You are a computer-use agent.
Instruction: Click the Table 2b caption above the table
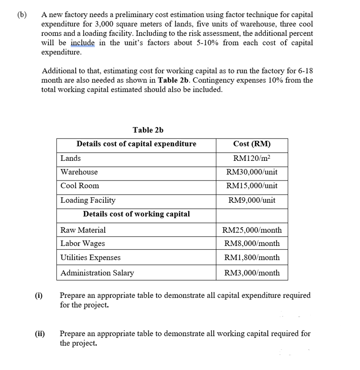[x=148, y=130]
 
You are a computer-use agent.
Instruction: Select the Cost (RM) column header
[x=252, y=144]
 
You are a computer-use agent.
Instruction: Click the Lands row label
[x=71, y=158]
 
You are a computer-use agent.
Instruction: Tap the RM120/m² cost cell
[x=252, y=158]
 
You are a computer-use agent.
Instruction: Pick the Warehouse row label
[x=79, y=172]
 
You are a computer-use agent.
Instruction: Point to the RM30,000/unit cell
[x=252, y=172]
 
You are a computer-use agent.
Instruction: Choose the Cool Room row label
[x=80, y=186]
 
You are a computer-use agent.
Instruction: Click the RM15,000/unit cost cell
[x=252, y=186]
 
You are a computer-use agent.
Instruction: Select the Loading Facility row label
[x=88, y=200]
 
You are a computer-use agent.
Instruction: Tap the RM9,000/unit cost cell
[x=252, y=200]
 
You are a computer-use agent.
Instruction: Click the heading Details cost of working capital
[x=136, y=214]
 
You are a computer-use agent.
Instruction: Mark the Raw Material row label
[x=83, y=230]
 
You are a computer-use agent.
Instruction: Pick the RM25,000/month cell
[x=252, y=230]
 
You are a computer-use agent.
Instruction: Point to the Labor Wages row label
[x=83, y=243]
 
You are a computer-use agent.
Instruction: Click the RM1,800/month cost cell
[x=252, y=258]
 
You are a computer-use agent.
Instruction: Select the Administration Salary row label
[x=97, y=273]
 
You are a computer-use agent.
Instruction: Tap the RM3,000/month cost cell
[x=252, y=273]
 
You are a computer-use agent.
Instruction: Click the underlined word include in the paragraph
[x=83, y=43]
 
